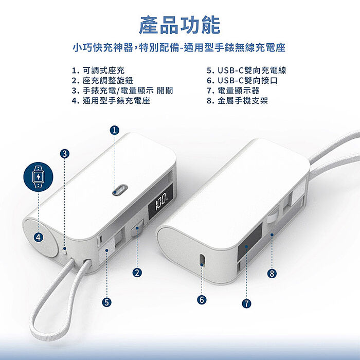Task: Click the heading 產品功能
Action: click(179, 25)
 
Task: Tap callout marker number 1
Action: click(115, 130)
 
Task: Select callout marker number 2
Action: click(137, 273)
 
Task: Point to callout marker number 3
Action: click(65, 153)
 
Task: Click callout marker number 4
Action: click(39, 237)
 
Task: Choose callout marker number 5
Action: click(106, 302)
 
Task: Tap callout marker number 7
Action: click(246, 303)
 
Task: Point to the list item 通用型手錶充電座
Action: click(111, 101)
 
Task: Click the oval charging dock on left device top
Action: click(118, 190)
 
